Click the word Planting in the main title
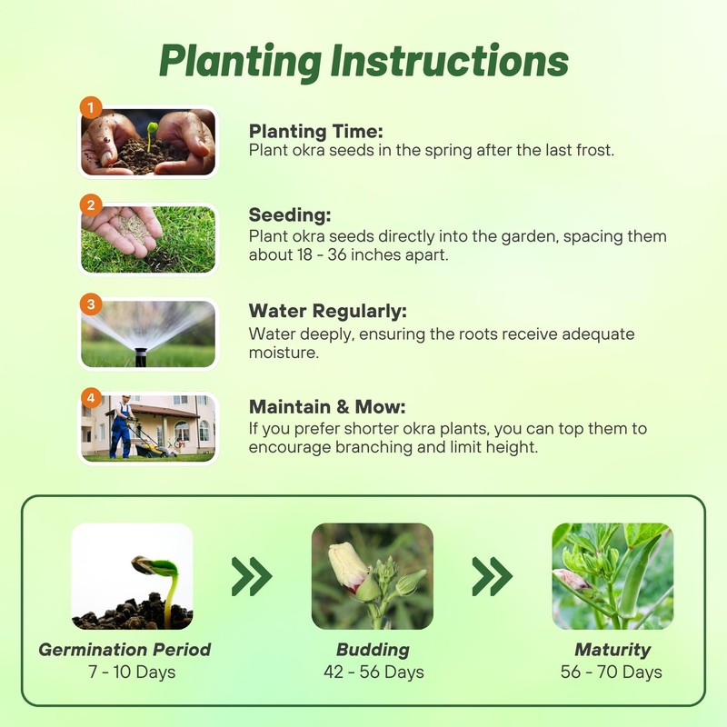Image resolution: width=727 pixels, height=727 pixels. (x=240, y=61)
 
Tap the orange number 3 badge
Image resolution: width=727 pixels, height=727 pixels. (x=91, y=304)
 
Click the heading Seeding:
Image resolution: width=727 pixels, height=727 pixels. (x=289, y=216)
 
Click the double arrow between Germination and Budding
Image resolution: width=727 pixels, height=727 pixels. (x=252, y=576)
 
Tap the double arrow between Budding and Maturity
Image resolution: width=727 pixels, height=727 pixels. (x=492, y=576)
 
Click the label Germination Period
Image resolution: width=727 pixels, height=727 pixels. (x=124, y=650)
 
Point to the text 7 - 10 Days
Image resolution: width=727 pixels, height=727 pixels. (x=124, y=672)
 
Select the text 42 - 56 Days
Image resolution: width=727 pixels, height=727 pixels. (x=373, y=672)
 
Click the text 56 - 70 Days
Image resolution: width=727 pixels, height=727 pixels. (x=612, y=672)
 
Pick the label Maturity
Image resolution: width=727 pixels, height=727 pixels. (x=612, y=650)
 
